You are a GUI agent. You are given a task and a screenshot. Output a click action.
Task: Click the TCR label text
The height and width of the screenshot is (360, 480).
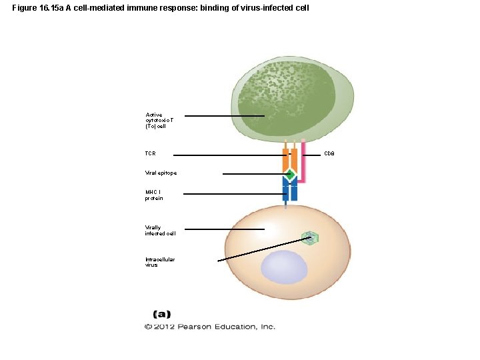pyautogui.click(x=150, y=154)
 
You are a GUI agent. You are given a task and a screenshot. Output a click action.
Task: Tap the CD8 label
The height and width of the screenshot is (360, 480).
pyautogui.click(x=329, y=154)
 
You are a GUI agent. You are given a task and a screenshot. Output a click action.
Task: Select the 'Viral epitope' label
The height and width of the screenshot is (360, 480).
pyautogui.click(x=161, y=173)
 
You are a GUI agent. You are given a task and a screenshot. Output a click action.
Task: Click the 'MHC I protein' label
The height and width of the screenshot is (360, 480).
pyautogui.click(x=154, y=195)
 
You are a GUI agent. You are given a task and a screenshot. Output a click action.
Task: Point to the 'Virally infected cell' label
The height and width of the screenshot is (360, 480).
pyautogui.click(x=160, y=230)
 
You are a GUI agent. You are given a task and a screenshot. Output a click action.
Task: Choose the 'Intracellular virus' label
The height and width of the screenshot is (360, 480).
pyautogui.click(x=160, y=262)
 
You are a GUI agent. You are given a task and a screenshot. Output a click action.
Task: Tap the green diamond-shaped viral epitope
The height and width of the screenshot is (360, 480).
pyautogui.click(x=289, y=175)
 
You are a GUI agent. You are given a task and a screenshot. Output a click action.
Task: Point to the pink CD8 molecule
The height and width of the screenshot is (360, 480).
pyautogui.click(x=303, y=163)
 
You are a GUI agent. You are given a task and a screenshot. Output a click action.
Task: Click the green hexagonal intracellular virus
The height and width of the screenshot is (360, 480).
pyautogui.click(x=309, y=237)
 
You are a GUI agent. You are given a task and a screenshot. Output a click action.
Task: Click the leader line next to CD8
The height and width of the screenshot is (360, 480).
pyautogui.click(x=311, y=155)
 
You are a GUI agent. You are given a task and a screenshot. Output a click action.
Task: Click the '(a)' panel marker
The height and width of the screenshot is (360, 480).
pyautogui.click(x=162, y=313)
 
